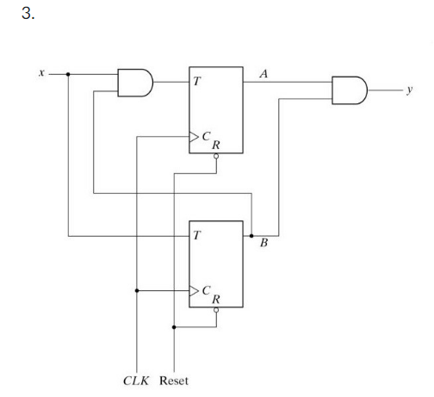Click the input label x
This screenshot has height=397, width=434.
41,74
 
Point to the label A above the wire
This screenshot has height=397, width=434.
263,75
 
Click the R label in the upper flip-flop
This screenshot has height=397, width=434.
215,146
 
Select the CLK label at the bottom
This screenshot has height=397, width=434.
136,379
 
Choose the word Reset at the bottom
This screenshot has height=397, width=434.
177,379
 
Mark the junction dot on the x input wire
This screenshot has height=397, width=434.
68,74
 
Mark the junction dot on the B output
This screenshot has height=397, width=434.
251,234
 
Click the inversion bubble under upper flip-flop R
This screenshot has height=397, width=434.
215,158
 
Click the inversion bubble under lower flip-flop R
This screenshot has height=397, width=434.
215,311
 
